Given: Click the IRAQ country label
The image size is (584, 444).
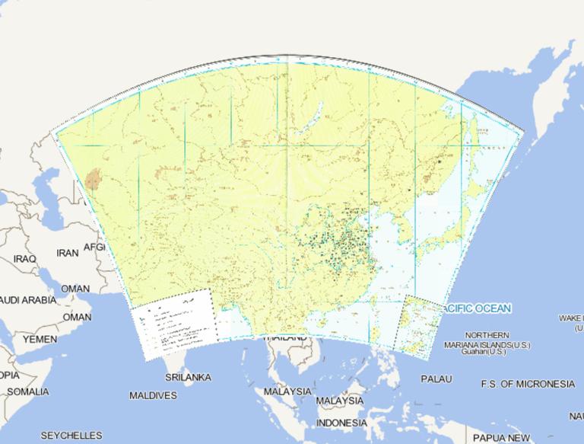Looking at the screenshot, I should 24,259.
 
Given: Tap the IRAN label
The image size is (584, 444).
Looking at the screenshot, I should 68,252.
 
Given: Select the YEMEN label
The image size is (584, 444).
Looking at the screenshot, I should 40,338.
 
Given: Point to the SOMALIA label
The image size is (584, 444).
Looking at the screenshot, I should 27,391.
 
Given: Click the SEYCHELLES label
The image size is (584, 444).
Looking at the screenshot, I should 71,436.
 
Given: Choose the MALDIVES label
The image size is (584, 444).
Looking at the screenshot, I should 153,395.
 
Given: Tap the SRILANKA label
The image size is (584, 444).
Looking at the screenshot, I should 188,377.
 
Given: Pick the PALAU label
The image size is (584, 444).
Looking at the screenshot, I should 436,379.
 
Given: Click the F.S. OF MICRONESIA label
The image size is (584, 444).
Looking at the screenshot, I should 528,384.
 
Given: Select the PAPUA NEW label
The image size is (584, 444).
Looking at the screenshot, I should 501,438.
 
